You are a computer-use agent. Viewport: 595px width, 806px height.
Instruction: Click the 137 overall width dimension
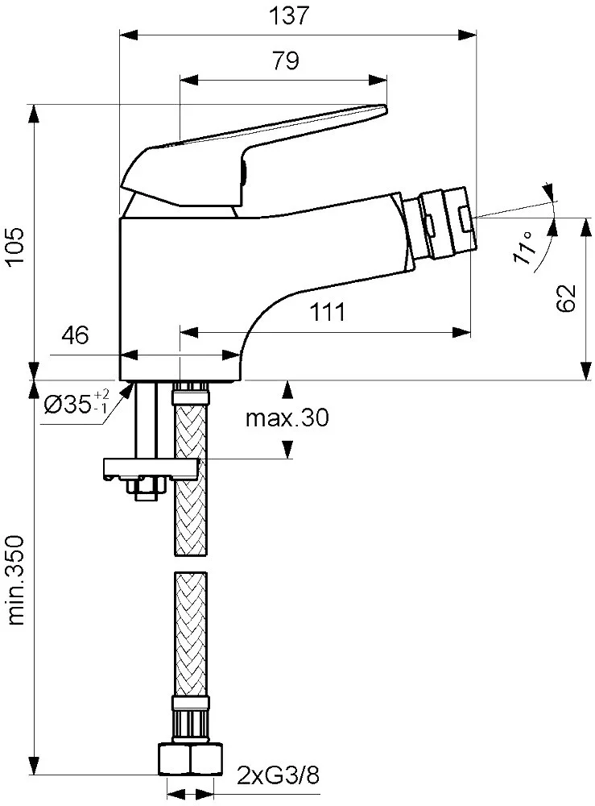click(x=290, y=15)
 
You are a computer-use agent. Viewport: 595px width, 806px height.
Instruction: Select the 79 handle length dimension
click(x=286, y=61)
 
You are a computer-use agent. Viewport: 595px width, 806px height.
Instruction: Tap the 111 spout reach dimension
click(x=328, y=311)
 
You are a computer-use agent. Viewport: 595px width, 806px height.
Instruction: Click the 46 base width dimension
click(x=76, y=335)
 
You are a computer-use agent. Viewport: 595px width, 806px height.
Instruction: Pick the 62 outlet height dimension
click(x=566, y=297)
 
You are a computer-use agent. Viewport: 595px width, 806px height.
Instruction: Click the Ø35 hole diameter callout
click(x=76, y=403)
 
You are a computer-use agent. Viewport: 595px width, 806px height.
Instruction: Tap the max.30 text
click(x=287, y=418)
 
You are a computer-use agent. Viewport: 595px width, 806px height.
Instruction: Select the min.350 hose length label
click(x=16, y=580)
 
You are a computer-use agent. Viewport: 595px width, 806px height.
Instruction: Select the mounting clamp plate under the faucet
click(x=151, y=468)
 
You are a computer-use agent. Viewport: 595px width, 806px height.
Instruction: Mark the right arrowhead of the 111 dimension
click(x=461, y=333)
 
